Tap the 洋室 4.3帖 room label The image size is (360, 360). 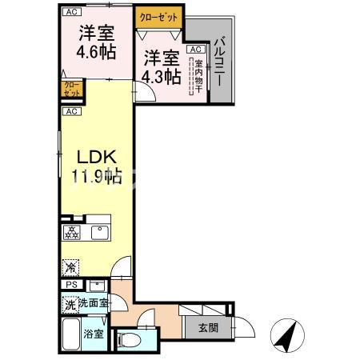[160, 66]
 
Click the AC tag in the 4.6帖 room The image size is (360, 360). [71, 12]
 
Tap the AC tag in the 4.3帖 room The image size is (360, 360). [194, 49]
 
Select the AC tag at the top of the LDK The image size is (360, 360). [71, 111]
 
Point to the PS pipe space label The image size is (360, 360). [70, 285]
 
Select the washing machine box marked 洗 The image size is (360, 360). [70, 304]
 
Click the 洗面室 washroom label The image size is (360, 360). [94, 304]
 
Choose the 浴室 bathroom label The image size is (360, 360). [94, 334]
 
